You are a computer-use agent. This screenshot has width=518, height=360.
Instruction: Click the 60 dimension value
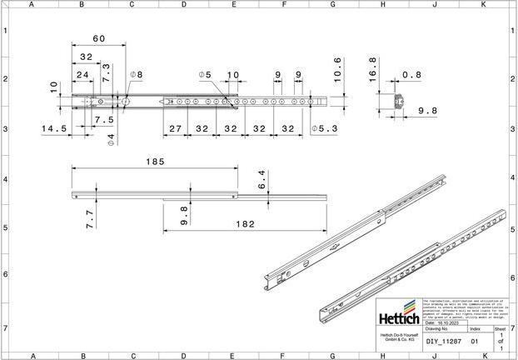click(x=99, y=39)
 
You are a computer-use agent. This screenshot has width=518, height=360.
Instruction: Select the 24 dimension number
click(x=82, y=75)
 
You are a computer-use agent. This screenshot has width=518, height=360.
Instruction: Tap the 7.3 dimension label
click(x=106, y=72)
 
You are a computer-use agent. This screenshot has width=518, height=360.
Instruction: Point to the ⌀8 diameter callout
click(x=136, y=75)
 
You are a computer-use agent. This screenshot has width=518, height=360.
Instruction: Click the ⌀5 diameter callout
click(x=205, y=75)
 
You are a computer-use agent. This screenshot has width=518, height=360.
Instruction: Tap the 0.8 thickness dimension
click(x=411, y=75)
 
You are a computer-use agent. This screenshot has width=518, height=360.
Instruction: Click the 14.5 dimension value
click(x=53, y=129)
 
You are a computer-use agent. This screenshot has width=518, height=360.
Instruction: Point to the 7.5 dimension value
click(x=103, y=119)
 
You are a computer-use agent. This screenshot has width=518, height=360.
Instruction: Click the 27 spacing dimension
click(x=176, y=129)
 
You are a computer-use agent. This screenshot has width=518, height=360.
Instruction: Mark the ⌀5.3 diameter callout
click(x=324, y=129)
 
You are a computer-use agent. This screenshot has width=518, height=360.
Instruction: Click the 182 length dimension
click(x=245, y=225)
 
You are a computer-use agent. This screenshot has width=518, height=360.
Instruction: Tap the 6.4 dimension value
click(x=261, y=179)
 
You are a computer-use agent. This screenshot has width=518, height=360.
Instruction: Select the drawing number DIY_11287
click(x=443, y=341)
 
